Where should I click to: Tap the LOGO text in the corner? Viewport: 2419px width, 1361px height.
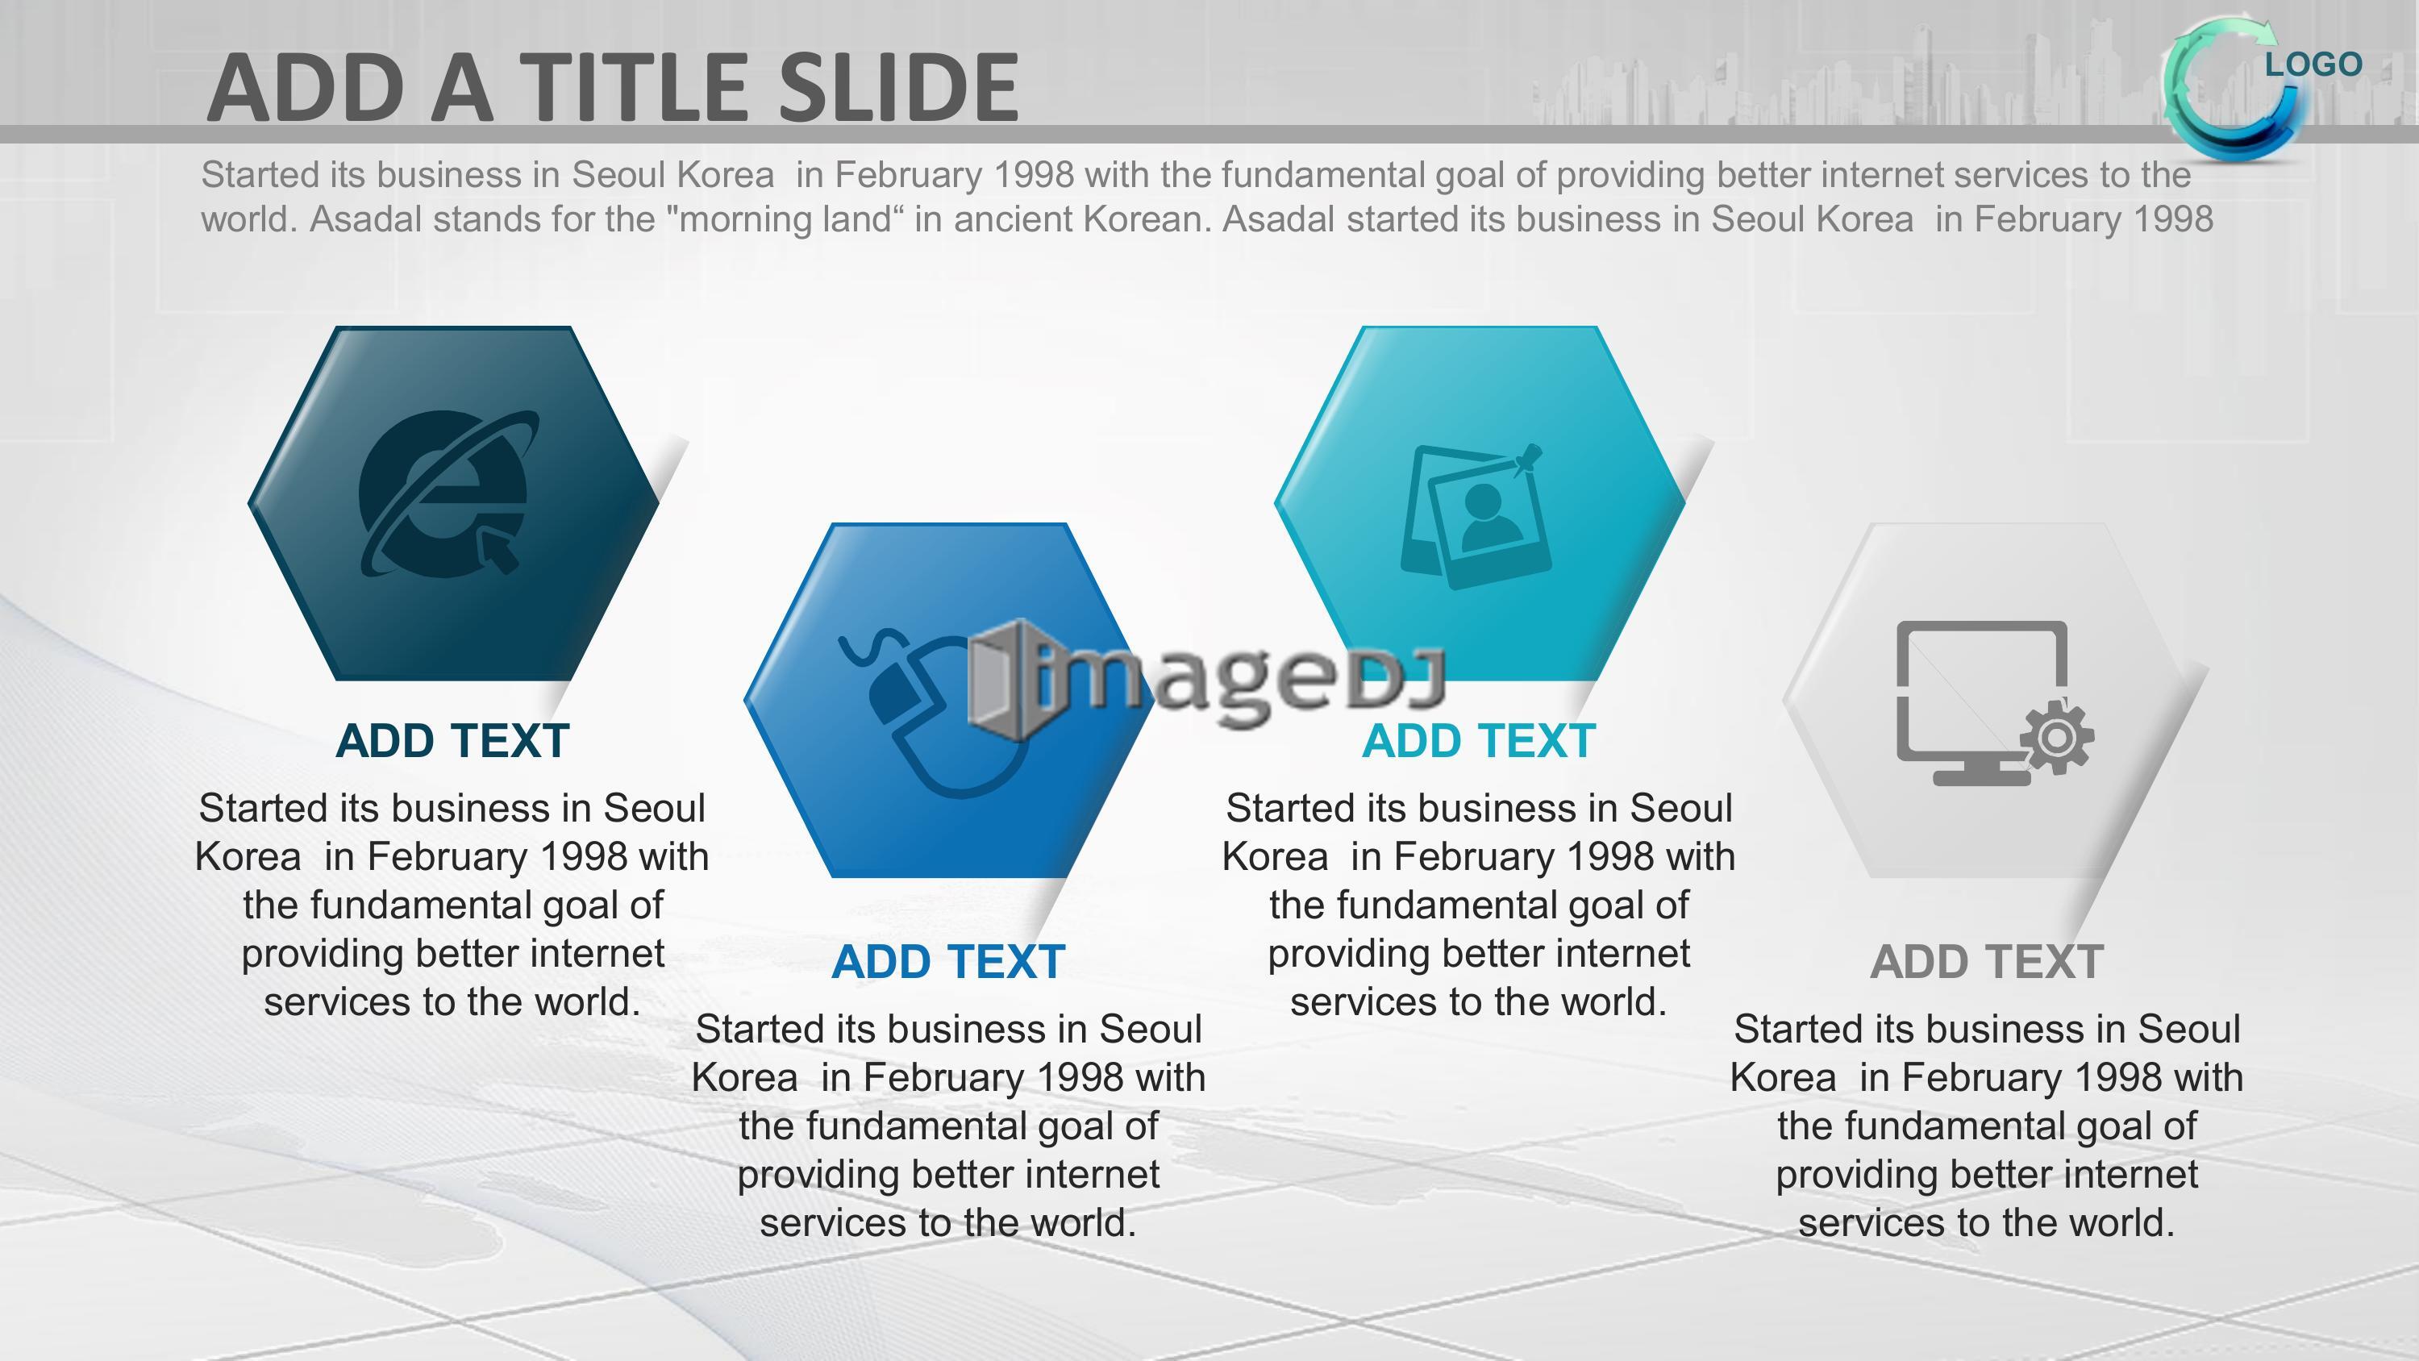[x=2313, y=65]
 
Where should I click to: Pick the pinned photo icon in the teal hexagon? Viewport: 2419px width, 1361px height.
[x=1474, y=517]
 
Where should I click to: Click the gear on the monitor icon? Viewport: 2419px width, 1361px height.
[x=2056, y=737]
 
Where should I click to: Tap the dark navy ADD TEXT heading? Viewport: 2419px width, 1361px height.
[x=452, y=741]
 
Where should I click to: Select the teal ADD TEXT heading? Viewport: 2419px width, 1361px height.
[x=1479, y=741]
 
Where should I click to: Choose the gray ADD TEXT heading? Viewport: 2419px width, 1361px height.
[x=1986, y=962]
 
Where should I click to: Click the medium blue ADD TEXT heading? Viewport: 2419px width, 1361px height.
[x=948, y=962]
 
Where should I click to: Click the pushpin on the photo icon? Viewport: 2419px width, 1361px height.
[x=1526, y=460]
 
